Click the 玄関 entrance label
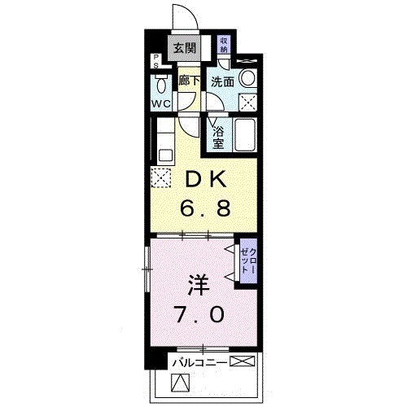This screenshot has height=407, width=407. tap(183, 47)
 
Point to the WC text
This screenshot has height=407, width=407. tap(160, 103)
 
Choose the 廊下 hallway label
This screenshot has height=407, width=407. tap(189, 81)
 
